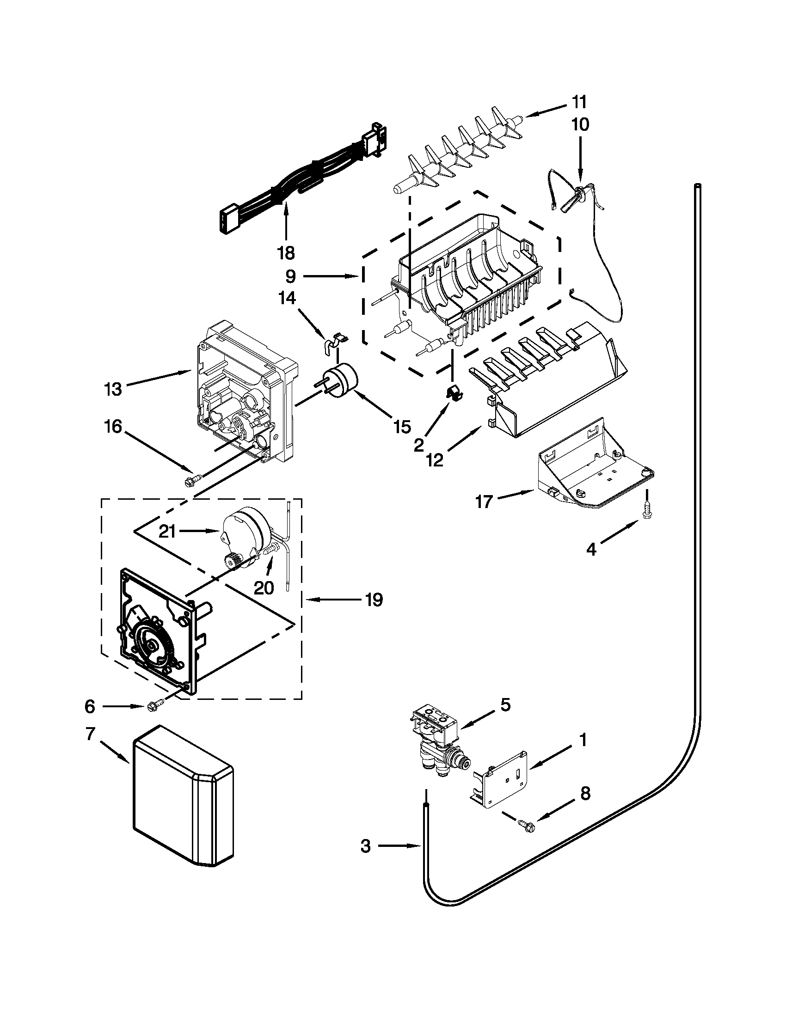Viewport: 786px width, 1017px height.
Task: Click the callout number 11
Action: click(580, 102)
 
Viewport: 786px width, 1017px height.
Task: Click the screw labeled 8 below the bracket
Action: click(527, 825)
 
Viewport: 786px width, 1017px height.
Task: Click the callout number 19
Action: click(374, 600)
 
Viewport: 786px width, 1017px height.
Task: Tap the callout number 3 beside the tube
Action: click(366, 845)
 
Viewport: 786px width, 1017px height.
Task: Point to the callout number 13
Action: click(113, 389)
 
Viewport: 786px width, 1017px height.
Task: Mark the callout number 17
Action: click(484, 502)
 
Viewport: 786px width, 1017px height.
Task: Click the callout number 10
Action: click(580, 125)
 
